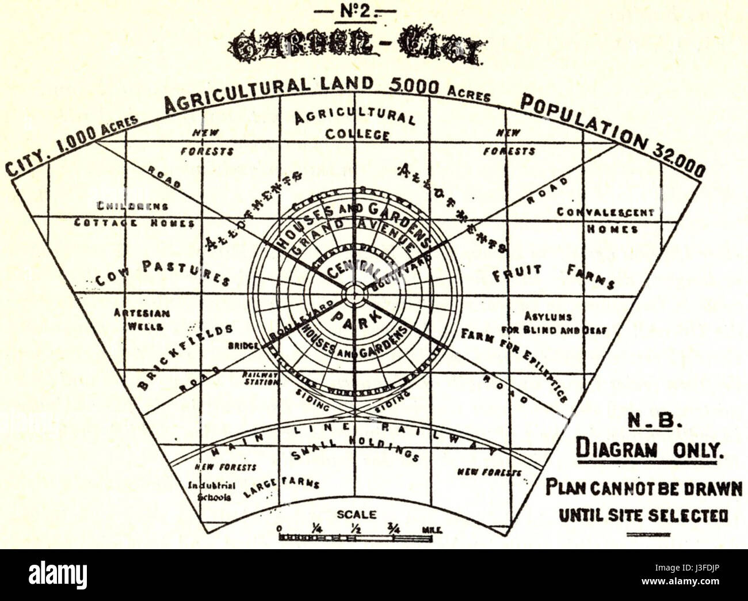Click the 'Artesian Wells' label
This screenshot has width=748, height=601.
pos(141,319)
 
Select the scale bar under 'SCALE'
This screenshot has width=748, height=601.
pos(355,537)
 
